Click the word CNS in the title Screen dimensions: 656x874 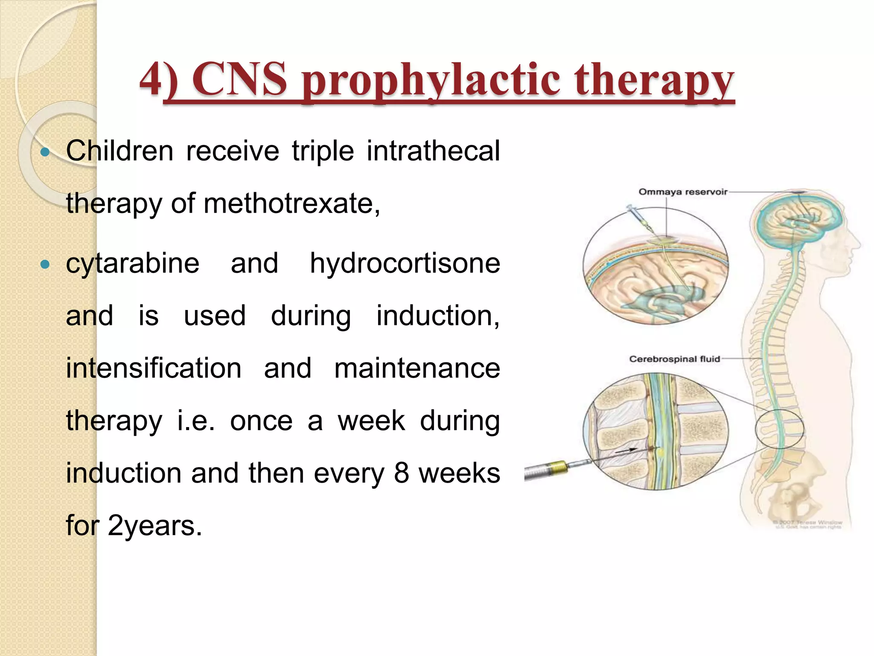tap(239, 80)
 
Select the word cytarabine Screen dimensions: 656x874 tap(132, 264)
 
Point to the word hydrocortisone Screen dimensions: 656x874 tap(405, 264)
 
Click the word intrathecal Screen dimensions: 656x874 tap(433, 151)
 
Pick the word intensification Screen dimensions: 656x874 tap(154, 368)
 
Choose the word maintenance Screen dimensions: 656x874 tap(417, 368)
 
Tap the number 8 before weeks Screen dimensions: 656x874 tap(401, 473)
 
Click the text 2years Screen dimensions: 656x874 tap(154, 526)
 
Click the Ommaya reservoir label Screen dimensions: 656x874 tap(682, 192)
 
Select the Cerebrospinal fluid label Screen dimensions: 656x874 tap(674, 359)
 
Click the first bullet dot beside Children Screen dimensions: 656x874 tap(45, 152)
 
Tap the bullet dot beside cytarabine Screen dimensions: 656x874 tap(45, 264)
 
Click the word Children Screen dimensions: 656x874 tap(119, 151)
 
